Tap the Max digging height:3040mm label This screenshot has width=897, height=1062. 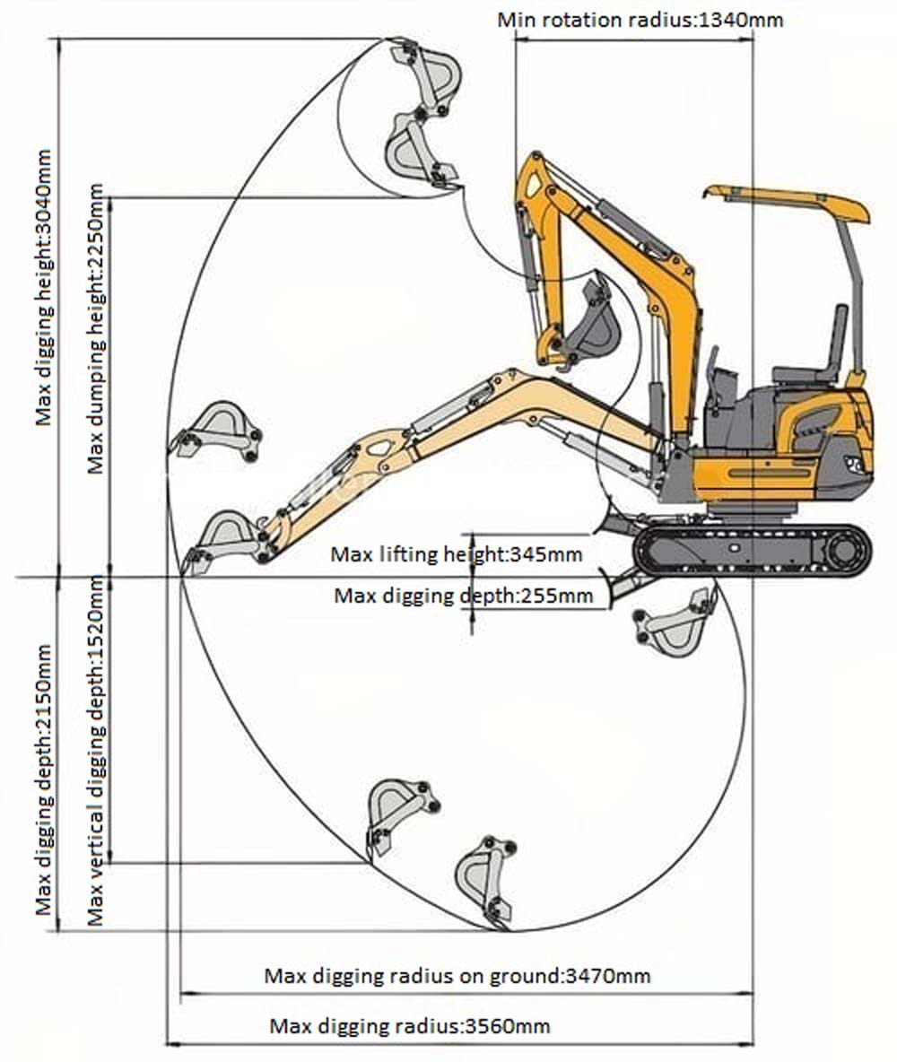[x=44, y=287]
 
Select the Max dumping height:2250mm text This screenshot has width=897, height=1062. [x=95, y=328]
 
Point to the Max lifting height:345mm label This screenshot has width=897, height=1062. [x=457, y=554]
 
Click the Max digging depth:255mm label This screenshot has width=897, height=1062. [x=464, y=595]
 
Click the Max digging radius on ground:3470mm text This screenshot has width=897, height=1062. [x=457, y=976]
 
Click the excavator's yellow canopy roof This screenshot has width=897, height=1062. [x=789, y=202]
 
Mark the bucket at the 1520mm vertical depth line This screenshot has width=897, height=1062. [x=399, y=812]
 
